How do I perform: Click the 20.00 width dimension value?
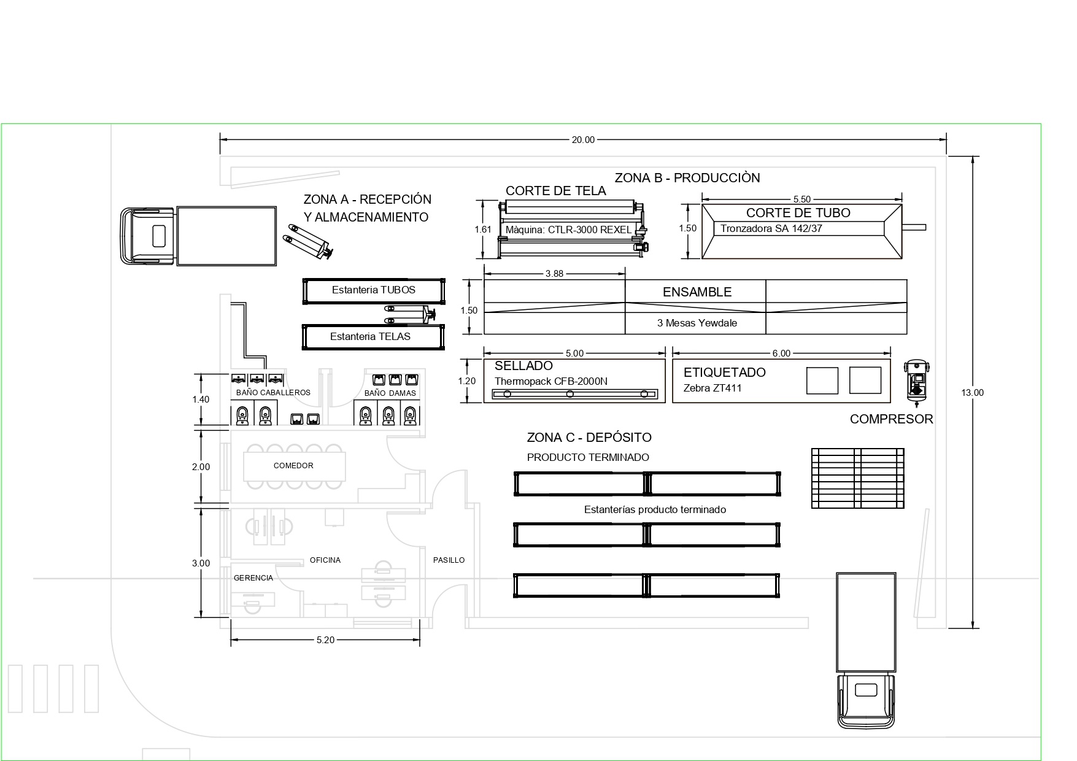coord(583,140)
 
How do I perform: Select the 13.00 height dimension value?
coord(972,393)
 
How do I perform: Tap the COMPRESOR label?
coord(891,419)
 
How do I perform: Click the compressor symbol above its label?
coord(917,381)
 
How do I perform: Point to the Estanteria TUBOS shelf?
coord(374,291)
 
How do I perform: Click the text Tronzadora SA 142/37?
coord(771,229)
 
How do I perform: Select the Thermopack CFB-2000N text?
coord(551,381)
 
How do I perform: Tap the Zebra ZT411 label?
coord(712,388)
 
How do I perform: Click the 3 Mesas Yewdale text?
coord(697,323)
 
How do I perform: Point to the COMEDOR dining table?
coord(294,466)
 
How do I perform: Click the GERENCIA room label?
coord(253,578)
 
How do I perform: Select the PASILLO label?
coord(449,560)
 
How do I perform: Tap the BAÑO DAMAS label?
coord(390,393)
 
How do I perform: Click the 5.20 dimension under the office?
coord(325,640)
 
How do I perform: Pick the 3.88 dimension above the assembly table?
coord(554,274)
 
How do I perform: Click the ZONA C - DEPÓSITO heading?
coord(589,438)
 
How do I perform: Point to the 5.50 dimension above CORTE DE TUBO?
coord(802,199)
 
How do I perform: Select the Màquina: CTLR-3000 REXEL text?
coord(568,230)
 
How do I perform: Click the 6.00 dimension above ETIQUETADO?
coord(781,353)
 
